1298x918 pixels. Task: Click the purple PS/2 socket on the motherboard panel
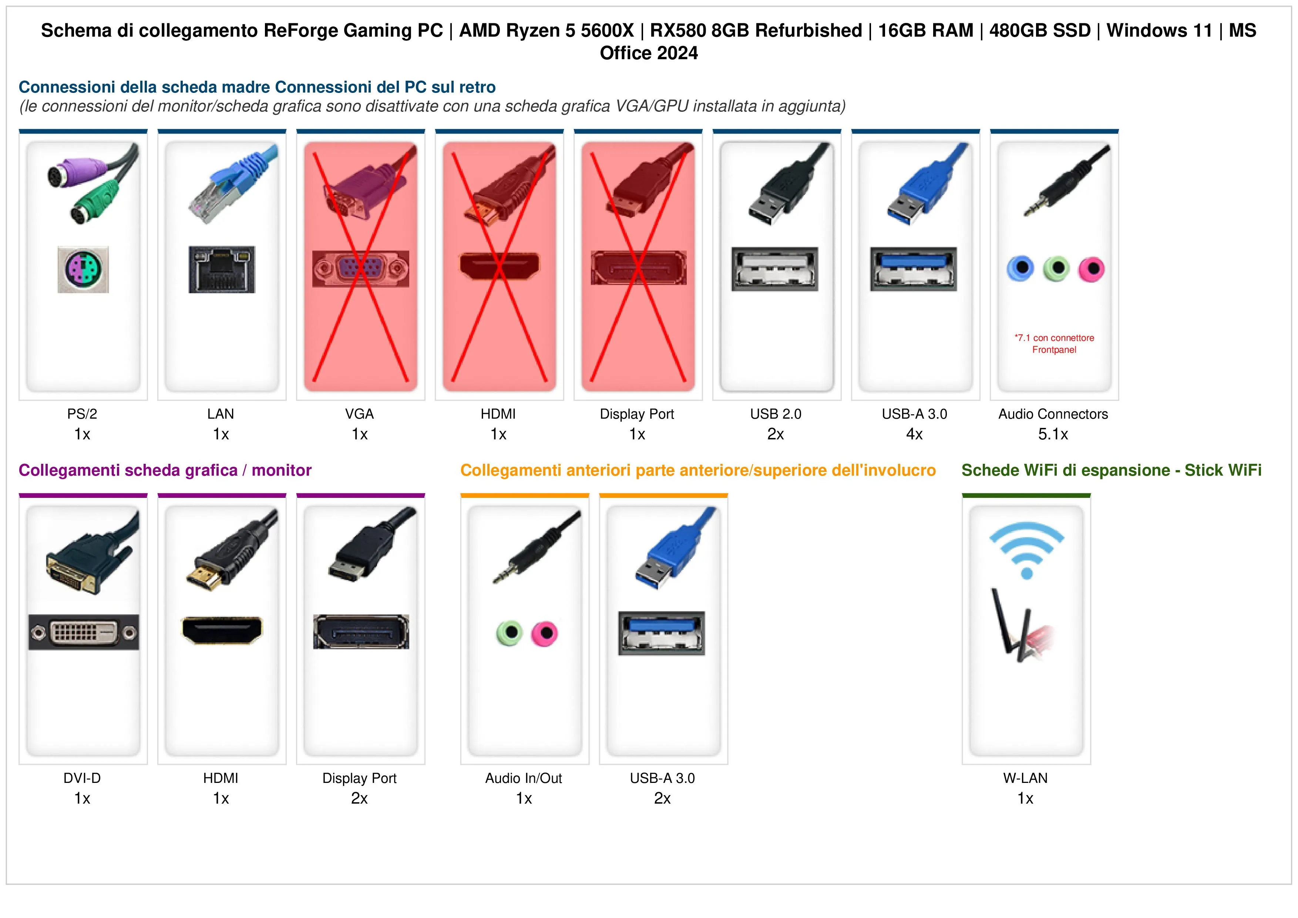[x=83, y=269]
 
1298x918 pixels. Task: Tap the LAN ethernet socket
[x=222, y=269]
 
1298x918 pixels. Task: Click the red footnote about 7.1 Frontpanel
[x=1054, y=344]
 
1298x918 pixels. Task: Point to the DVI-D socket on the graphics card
[x=84, y=632]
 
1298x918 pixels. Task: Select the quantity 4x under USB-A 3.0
[x=914, y=435]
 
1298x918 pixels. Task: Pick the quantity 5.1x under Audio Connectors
[x=1053, y=435]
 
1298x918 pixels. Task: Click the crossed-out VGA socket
[x=361, y=269]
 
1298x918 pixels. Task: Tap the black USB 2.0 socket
[x=774, y=269]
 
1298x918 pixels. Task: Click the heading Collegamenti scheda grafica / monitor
[x=165, y=470]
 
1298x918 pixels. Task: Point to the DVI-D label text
[x=82, y=778]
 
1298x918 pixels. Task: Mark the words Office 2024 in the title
[x=649, y=53]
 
